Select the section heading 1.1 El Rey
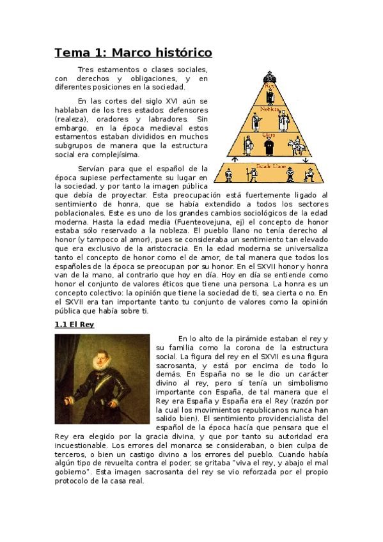pyautogui.click(x=74, y=325)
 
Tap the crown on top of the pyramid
pyautogui.click(x=269, y=66)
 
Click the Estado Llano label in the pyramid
pyautogui.click(x=267, y=165)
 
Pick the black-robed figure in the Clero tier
pyautogui.click(x=269, y=148)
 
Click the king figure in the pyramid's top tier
pyautogui.click(x=269, y=95)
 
